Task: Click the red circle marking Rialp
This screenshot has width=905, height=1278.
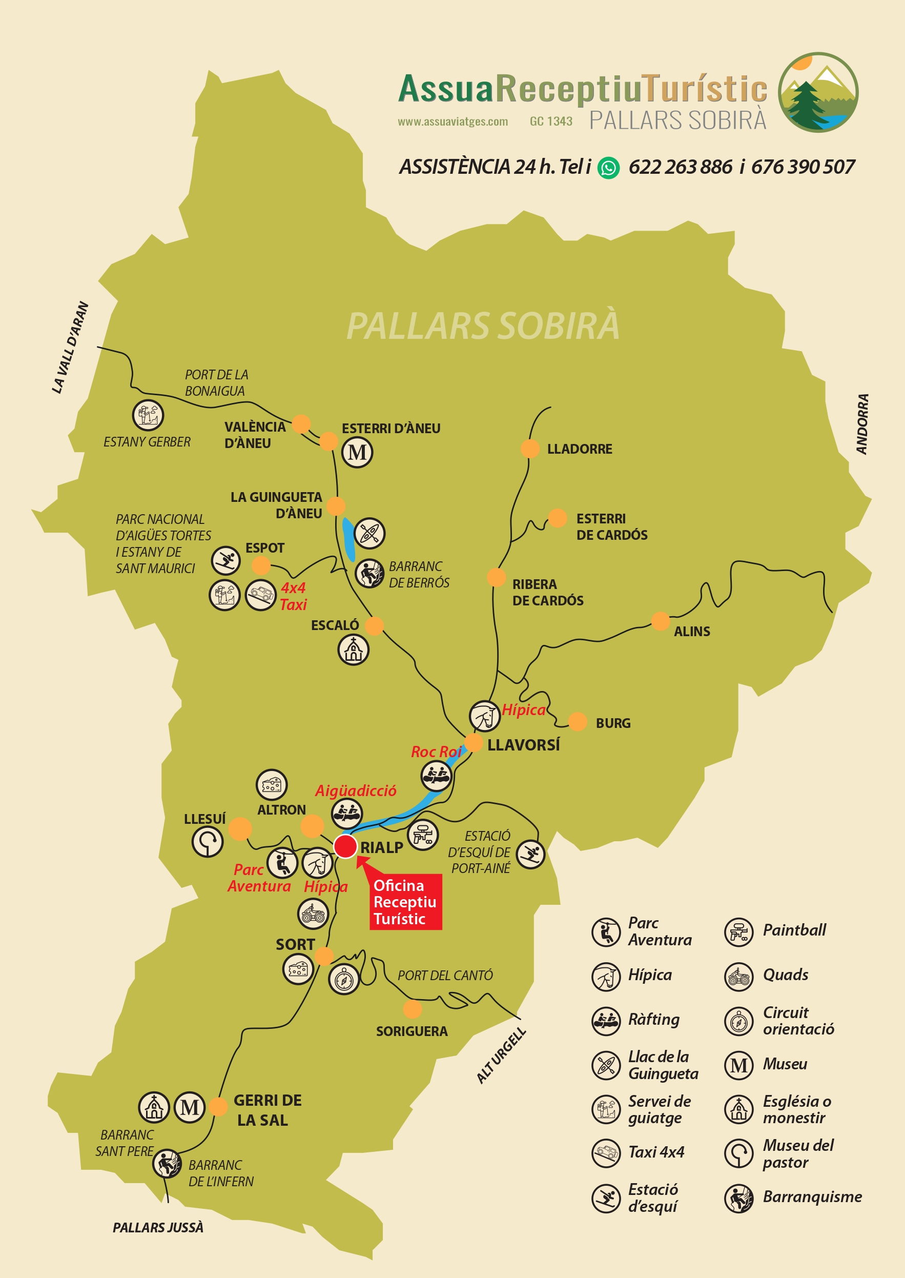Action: tap(345, 846)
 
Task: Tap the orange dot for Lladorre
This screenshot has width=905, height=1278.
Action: tap(529, 448)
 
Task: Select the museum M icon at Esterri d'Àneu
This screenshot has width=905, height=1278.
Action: tap(357, 452)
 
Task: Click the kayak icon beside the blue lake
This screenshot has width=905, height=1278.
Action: tap(369, 533)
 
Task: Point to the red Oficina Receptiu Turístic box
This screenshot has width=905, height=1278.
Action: tap(406, 902)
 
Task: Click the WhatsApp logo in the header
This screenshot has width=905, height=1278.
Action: tap(608, 167)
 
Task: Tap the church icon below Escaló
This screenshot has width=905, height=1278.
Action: tap(353, 650)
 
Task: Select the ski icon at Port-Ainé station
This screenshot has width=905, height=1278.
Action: tap(530, 854)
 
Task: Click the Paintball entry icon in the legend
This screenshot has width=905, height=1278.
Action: tap(738, 931)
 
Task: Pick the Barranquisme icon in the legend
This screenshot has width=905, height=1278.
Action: tap(738, 1198)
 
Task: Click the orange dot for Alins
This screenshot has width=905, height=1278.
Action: tap(660, 620)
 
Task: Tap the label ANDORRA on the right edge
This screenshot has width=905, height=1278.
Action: tap(862, 424)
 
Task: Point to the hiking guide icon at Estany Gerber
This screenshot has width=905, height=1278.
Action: tap(148, 415)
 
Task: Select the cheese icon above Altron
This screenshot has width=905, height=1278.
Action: tap(272, 785)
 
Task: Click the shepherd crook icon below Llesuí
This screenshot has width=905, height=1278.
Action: tap(208, 842)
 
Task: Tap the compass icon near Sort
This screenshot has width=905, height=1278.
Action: tap(343, 979)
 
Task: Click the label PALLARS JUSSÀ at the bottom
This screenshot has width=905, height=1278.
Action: tap(158, 1228)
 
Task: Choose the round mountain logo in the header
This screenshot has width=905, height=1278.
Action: tap(817, 92)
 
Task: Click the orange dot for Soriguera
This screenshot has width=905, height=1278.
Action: tap(412, 1009)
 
